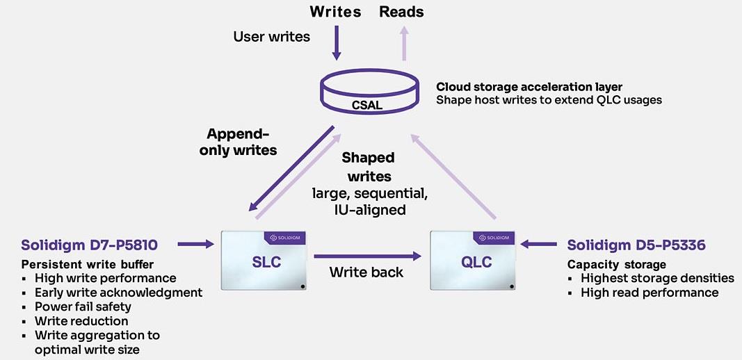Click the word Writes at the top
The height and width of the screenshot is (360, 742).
(335, 12)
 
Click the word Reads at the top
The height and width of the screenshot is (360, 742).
(401, 12)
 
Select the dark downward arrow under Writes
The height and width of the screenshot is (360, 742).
(336, 44)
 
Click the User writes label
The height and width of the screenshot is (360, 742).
(271, 36)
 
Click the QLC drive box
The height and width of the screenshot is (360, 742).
(476, 260)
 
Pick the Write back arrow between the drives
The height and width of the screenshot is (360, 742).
(368, 256)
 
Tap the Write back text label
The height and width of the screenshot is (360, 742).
(366, 272)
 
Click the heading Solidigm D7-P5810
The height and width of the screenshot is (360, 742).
(89, 245)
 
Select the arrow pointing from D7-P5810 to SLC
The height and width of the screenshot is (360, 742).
(195, 244)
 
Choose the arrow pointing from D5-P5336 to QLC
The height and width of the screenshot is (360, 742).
(540, 244)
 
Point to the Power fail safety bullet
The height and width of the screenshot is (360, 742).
(83, 306)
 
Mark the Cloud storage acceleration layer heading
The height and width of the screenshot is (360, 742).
(529, 87)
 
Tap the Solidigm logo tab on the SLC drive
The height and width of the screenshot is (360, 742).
(287, 237)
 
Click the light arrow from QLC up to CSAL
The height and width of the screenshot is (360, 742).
(455, 177)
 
